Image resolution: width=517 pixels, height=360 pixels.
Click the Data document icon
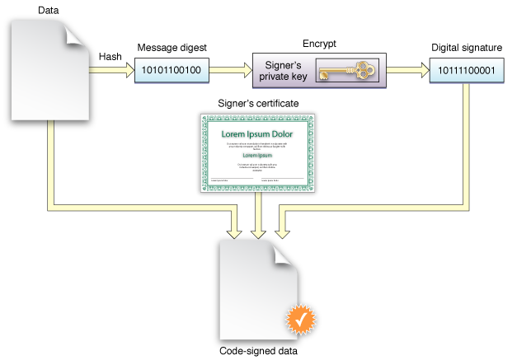(49, 69)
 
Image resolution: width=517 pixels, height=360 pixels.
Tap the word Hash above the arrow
(111, 56)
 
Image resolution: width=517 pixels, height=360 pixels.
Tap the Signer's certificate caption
(256, 104)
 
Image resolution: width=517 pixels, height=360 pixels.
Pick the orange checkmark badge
(301, 317)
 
